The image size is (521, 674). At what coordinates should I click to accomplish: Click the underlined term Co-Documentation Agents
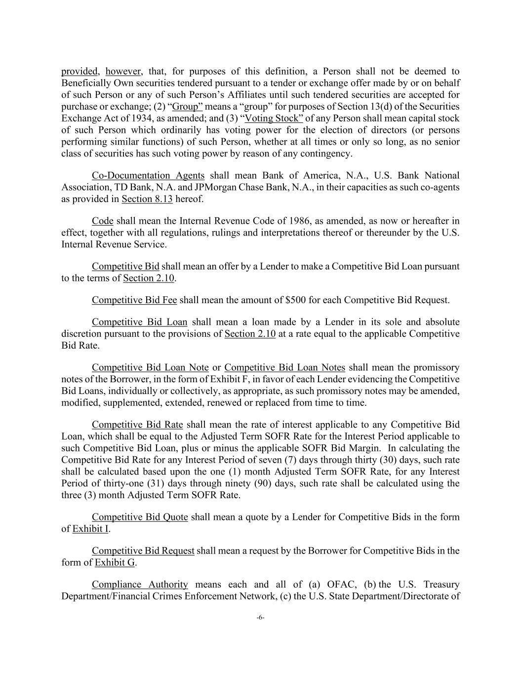[148, 176]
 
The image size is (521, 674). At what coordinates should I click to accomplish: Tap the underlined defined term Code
[102, 221]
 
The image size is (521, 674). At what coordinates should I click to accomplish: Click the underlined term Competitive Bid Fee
[134, 300]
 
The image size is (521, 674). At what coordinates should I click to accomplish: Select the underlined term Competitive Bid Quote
[140, 517]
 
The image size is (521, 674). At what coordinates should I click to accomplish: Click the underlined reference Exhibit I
[90, 529]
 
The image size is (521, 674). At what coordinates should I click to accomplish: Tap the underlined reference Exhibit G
[115, 562]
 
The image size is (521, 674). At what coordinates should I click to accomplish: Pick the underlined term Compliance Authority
[140, 585]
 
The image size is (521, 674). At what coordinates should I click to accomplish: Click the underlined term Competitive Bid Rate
[137, 425]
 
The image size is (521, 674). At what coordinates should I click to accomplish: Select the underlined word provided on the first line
[80, 71]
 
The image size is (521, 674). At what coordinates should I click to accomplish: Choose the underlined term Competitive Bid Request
[143, 551]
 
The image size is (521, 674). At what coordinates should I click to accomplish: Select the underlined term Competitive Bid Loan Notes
[284, 367]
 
